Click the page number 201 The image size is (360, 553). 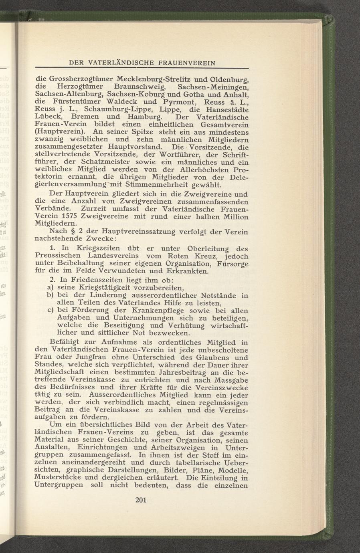(142, 500)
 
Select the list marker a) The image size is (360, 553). (39, 288)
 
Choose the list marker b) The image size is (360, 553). (39, 295)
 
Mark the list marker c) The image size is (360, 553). (39, 311)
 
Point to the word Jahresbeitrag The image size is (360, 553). (159, 373)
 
